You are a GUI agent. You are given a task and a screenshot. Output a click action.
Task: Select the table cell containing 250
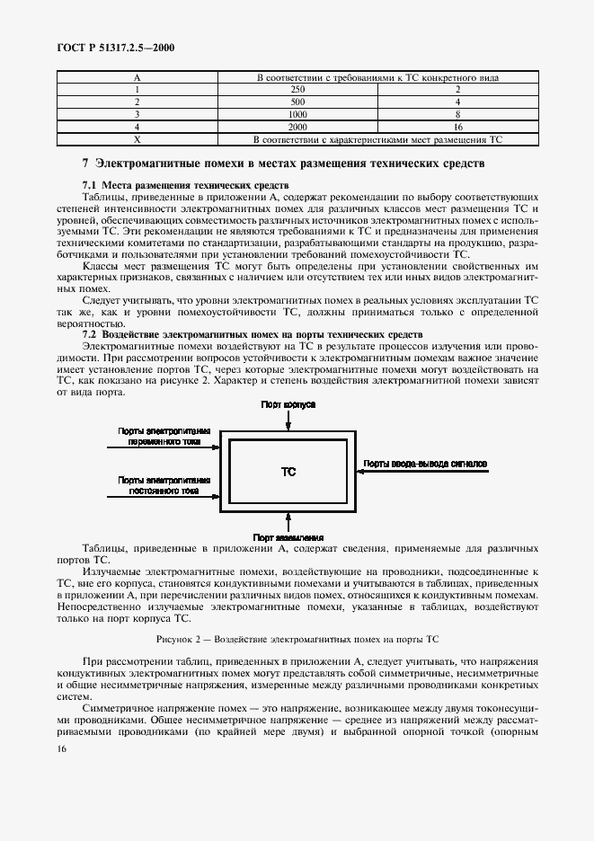click(297, 90)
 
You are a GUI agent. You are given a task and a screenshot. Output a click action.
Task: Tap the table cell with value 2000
click(297, 128)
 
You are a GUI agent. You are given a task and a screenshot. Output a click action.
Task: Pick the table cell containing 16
click(457, 128)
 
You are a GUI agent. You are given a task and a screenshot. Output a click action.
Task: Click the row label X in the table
click(137, 140)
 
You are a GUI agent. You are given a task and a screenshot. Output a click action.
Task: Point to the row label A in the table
click(137, 77)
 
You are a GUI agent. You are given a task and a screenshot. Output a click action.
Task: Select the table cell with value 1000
click(297, 115)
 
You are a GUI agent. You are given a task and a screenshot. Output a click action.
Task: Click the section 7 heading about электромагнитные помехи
click(283, 164)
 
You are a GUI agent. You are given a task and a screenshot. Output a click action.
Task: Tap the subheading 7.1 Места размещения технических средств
click(168, 183)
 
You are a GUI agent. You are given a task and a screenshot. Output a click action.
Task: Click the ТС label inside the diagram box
click(288, 471)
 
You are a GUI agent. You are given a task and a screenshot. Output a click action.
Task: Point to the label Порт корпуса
click(288, 405)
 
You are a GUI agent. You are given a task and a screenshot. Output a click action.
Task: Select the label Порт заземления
click(288, 537)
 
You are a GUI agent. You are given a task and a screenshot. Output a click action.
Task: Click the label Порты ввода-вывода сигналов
click(425, 465)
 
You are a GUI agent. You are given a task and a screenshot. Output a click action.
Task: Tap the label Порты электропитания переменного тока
click(164, 437)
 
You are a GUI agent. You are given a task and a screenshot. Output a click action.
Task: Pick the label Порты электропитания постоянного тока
click(164, 486)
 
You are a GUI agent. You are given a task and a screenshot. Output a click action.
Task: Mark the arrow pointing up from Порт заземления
click(288, 521)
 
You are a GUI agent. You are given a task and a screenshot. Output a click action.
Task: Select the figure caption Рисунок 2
click(297, 639)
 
